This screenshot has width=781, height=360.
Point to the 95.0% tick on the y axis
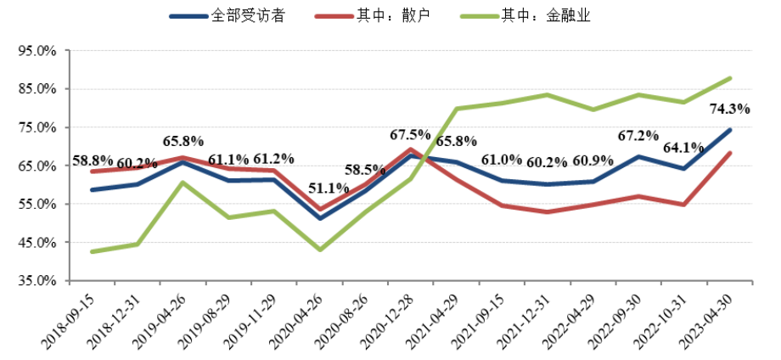pos(37,51)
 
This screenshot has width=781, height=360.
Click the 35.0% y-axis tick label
pos(37,281)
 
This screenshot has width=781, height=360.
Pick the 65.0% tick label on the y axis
pos(37,166)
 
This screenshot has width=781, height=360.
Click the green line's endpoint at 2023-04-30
pos(729,78)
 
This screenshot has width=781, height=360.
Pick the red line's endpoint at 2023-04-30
pos(729,153)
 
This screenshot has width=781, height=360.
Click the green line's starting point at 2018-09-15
pos(92,251)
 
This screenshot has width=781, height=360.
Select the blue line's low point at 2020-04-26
pos(319,218)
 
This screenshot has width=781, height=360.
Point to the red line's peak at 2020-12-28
pos(411,149)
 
